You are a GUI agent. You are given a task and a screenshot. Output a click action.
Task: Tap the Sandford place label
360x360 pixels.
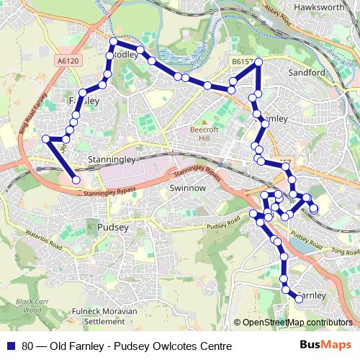pyautogui.click(x=307, y=73)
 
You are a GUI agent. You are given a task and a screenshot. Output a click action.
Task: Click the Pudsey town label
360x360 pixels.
pyautogui.click(x=111, y=227)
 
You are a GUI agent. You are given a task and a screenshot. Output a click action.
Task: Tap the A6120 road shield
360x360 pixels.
pyautogui.click(x=67, y=63)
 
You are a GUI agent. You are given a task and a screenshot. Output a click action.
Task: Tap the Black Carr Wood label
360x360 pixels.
pyautogui.click(x=32, y=305)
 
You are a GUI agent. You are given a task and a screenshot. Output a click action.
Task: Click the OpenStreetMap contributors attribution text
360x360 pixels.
pyautogui.click(x=297, y=323)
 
